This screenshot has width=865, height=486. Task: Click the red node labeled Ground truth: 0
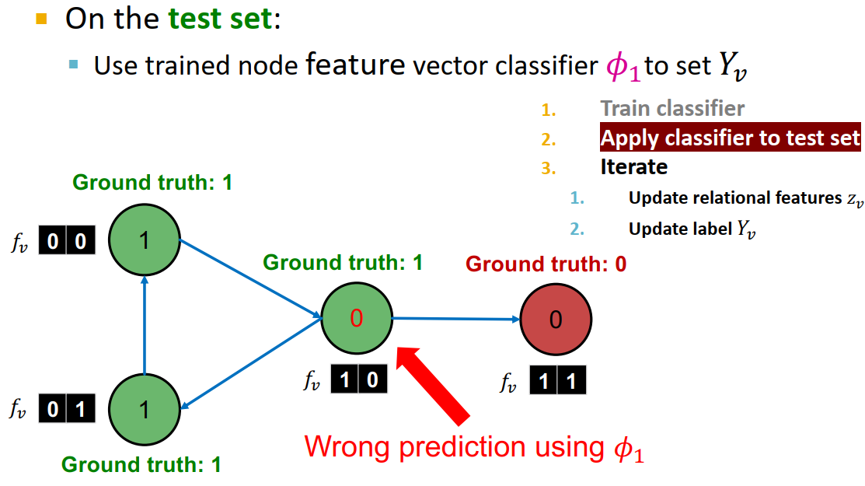click(555, 320)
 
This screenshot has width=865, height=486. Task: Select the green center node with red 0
click(357, 318)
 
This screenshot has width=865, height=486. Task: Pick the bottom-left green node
click(144, 409)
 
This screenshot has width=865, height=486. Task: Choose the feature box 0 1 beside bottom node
click(68, 409)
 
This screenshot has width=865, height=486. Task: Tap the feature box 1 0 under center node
click(358, 380)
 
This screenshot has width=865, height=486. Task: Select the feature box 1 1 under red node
click(557, 381)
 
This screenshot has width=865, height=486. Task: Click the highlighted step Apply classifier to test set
click(730, 138)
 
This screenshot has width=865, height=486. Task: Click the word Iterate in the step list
click(633, 166)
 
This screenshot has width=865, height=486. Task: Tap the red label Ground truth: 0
click(546, 264)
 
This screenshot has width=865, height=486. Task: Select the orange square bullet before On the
click(42, 17)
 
